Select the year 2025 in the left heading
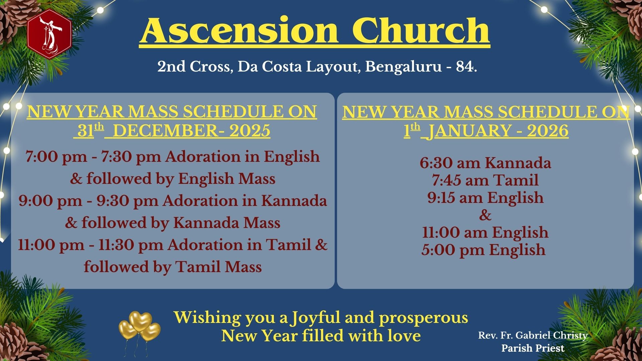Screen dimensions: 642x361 coord(250,131)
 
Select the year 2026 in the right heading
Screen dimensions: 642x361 coord(548,131)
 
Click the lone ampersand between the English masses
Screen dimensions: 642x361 coord(485,215)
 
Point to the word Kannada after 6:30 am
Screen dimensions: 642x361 coord(518,163)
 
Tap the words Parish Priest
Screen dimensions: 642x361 coord(533,348)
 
